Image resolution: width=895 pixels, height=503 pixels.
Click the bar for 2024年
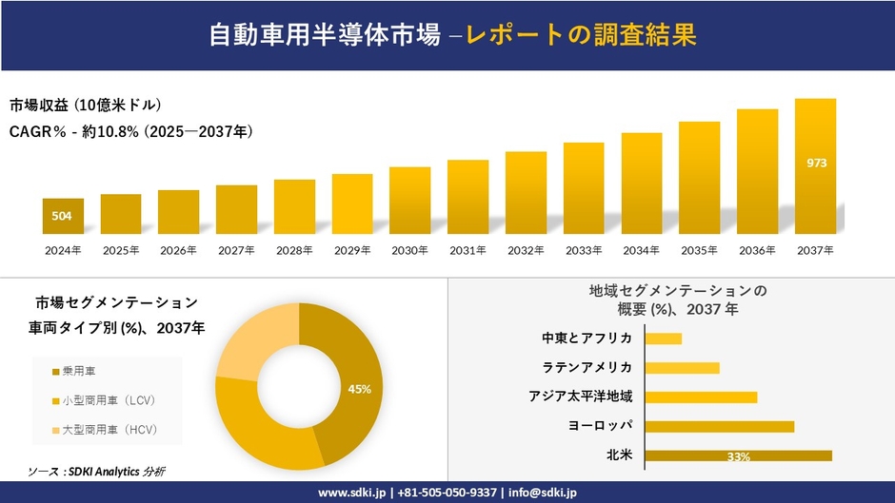pyautogui.click(x=63, y=216)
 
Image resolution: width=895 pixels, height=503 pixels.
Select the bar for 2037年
pyautogui.click(x=815, y=166)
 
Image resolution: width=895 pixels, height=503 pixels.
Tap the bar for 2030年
pyautogui.click(x=410, y=201)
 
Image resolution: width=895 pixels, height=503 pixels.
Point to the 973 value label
pyautogui.click(x=816, y=163)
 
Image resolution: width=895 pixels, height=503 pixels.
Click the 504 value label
pyautogui.click(x=62, y=216)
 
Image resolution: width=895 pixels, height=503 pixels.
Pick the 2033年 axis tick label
pyautogui.click(x=584, y=250)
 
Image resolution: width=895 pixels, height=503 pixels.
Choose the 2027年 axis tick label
pyautogui.click(x=236, y=250)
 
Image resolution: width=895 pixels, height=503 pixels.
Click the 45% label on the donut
pyautogui.click(x=359, y=389)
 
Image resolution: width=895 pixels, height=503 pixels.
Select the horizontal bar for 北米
pyautogui.click(x=738, y=455)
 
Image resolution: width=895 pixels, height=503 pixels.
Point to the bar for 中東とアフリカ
pyautogui.click(x=664, y=339)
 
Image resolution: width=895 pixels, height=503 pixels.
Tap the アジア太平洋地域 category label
pyautogui.click(x=581, y=397)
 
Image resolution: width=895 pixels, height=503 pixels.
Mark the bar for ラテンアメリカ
pyautogui.click(x=682, y=368)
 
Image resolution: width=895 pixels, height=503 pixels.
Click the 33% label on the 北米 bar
pyautogui.click(x=738, y=457)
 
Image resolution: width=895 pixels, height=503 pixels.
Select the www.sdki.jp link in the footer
pyautogui.click(x=351, y=493)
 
